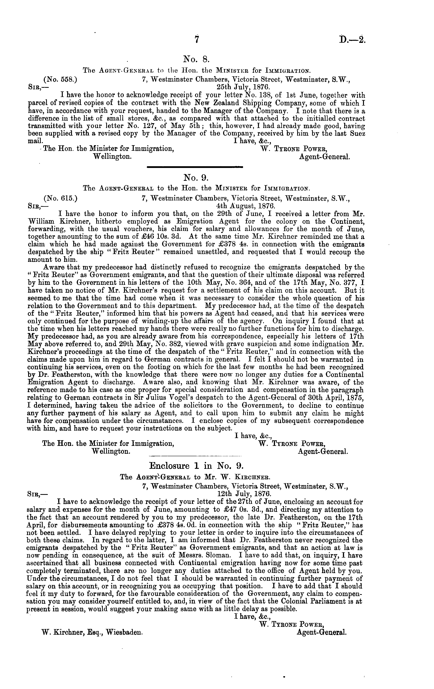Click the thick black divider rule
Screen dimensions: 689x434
pyautogui.click(x=194, y=167)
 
